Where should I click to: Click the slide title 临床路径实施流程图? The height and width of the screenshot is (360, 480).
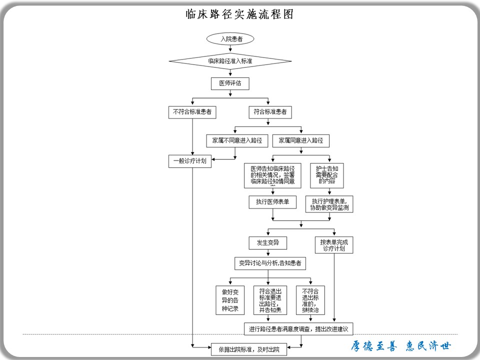(239, 14)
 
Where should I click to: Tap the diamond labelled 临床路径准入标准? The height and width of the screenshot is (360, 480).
(230, 61)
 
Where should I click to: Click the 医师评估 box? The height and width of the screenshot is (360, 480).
(230, 83)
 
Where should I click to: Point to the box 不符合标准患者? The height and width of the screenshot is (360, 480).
(192, 112)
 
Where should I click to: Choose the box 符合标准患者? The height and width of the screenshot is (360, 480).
(270, 112)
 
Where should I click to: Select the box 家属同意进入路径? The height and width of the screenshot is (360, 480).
(301, 140)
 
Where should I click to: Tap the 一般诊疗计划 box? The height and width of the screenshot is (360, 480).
(190, 161)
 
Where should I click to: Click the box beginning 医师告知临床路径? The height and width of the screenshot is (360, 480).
(272, 175)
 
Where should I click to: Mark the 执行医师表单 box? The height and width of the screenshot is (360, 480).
(272, 202)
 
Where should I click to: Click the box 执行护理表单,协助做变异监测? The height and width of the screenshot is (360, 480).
(329, 204)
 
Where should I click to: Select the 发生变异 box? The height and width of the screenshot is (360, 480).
(268, 243)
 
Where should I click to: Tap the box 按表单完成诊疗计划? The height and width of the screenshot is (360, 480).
(333, 244)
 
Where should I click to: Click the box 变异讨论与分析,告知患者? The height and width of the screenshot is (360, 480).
(270, 263)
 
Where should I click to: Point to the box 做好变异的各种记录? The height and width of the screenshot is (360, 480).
(230, 300)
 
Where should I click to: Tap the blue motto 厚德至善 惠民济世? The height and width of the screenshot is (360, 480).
(400, 346)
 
